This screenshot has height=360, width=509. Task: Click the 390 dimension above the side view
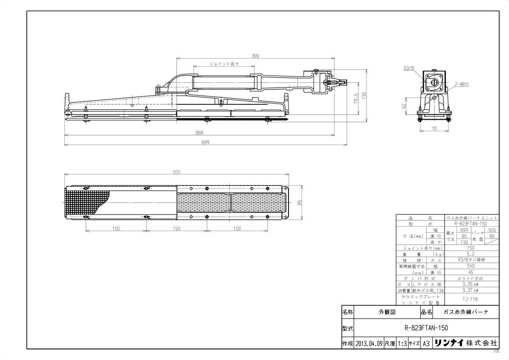click(255, 56)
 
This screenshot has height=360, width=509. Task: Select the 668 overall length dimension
click(199, 133)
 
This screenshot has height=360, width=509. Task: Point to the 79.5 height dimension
click(357, 98)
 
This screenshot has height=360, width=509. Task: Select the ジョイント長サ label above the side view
click(224, 64)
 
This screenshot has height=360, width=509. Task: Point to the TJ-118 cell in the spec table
click(470, 299)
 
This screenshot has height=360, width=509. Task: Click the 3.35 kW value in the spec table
click(470, 284)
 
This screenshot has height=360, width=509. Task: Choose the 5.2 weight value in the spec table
click(470, 254)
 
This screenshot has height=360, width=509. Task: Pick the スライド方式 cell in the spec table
click(470, 278)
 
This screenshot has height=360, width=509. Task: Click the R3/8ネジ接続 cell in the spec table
click(470, 260)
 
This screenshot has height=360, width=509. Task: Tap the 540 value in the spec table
click(470, 266)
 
